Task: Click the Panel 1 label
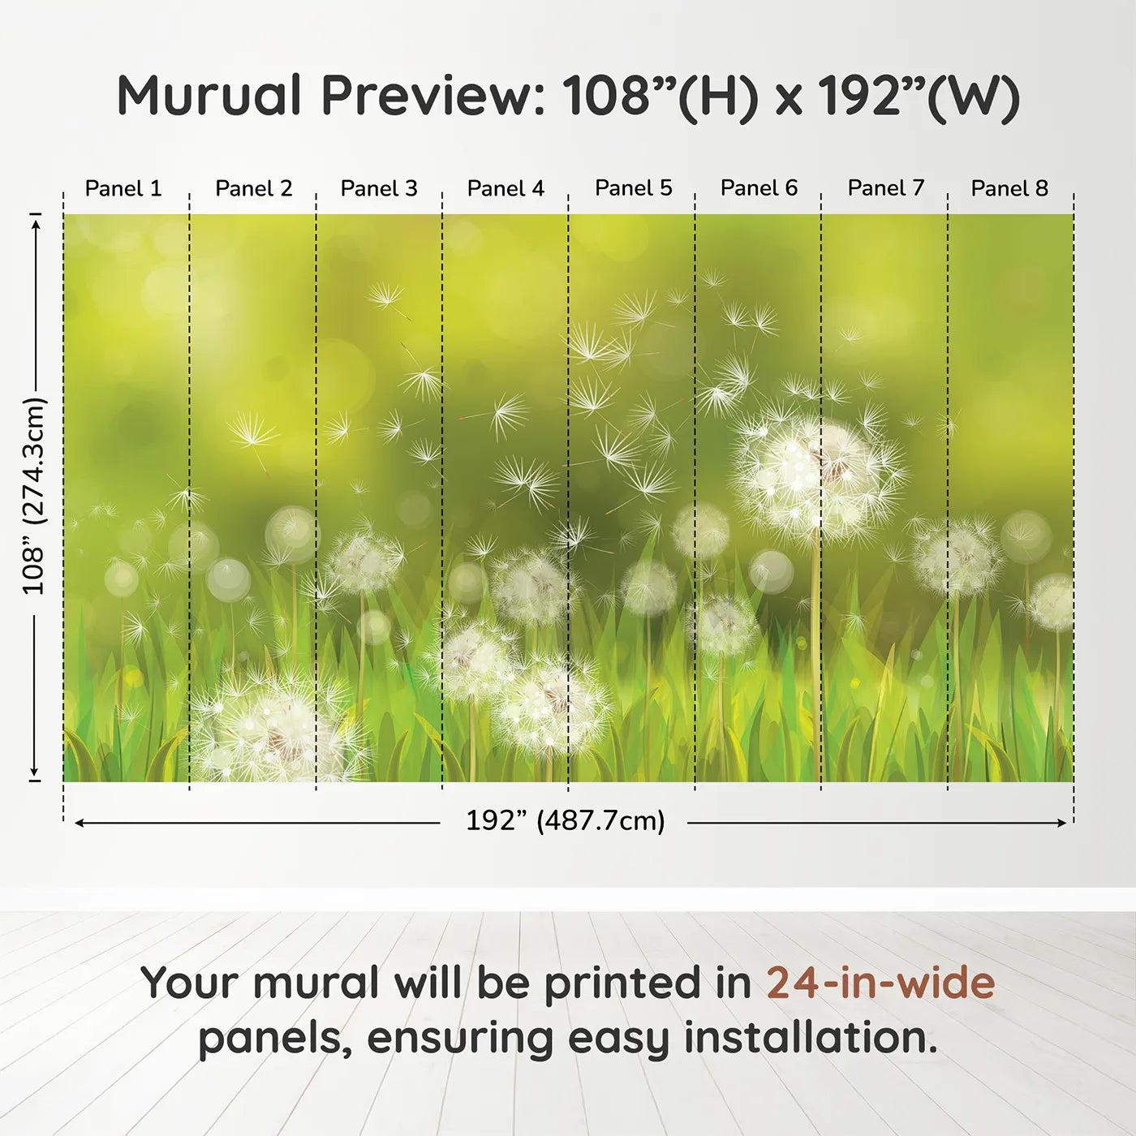click(x=123, y=188)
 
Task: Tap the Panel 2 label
click(x=253, y=188)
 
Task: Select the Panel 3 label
click(x=379, y=188)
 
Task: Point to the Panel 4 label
click(x=506, y=188)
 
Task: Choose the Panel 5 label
click(x=633, y=188)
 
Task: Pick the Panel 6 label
click(x=759, y=188)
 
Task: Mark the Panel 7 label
click(x=885, y=188)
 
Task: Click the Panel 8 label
click(x=1009, y=188)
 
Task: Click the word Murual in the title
click(x=210, y=96)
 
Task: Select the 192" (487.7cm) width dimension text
click(x=566, y=821)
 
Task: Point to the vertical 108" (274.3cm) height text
click(x=34, y=497)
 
